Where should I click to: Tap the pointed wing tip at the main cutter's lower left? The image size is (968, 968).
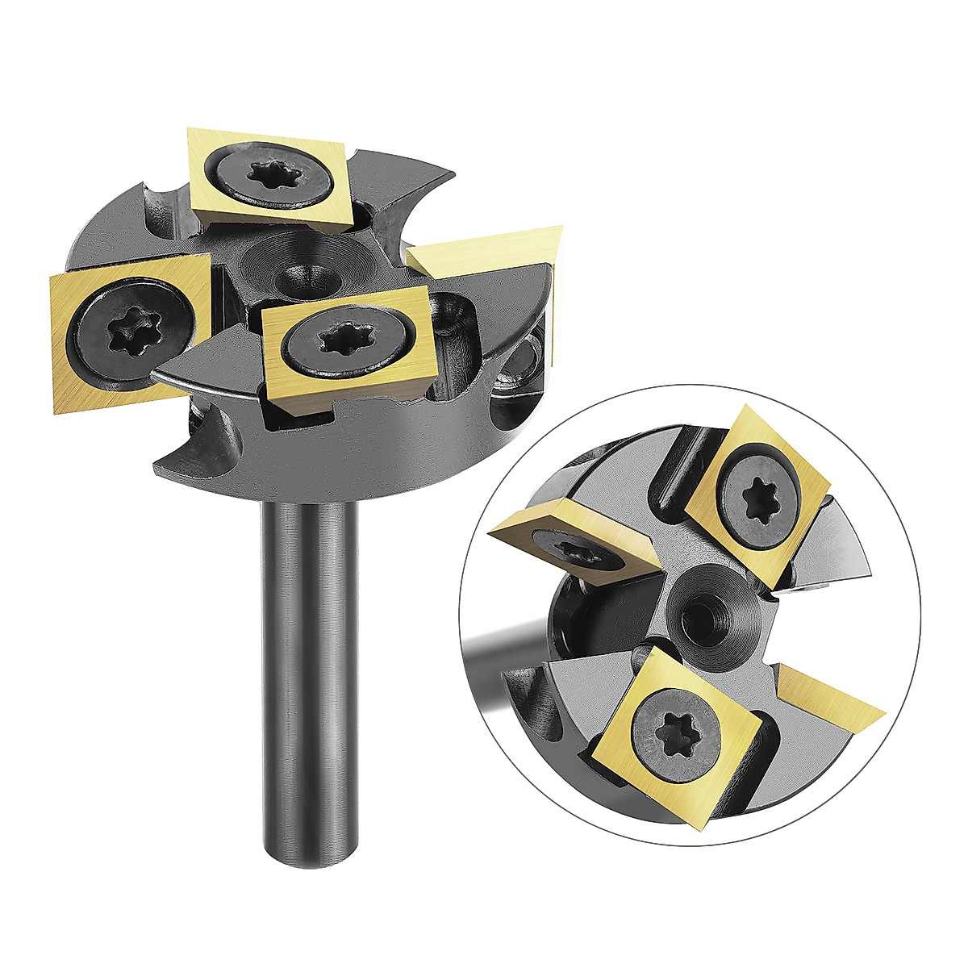click(158, 466)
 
